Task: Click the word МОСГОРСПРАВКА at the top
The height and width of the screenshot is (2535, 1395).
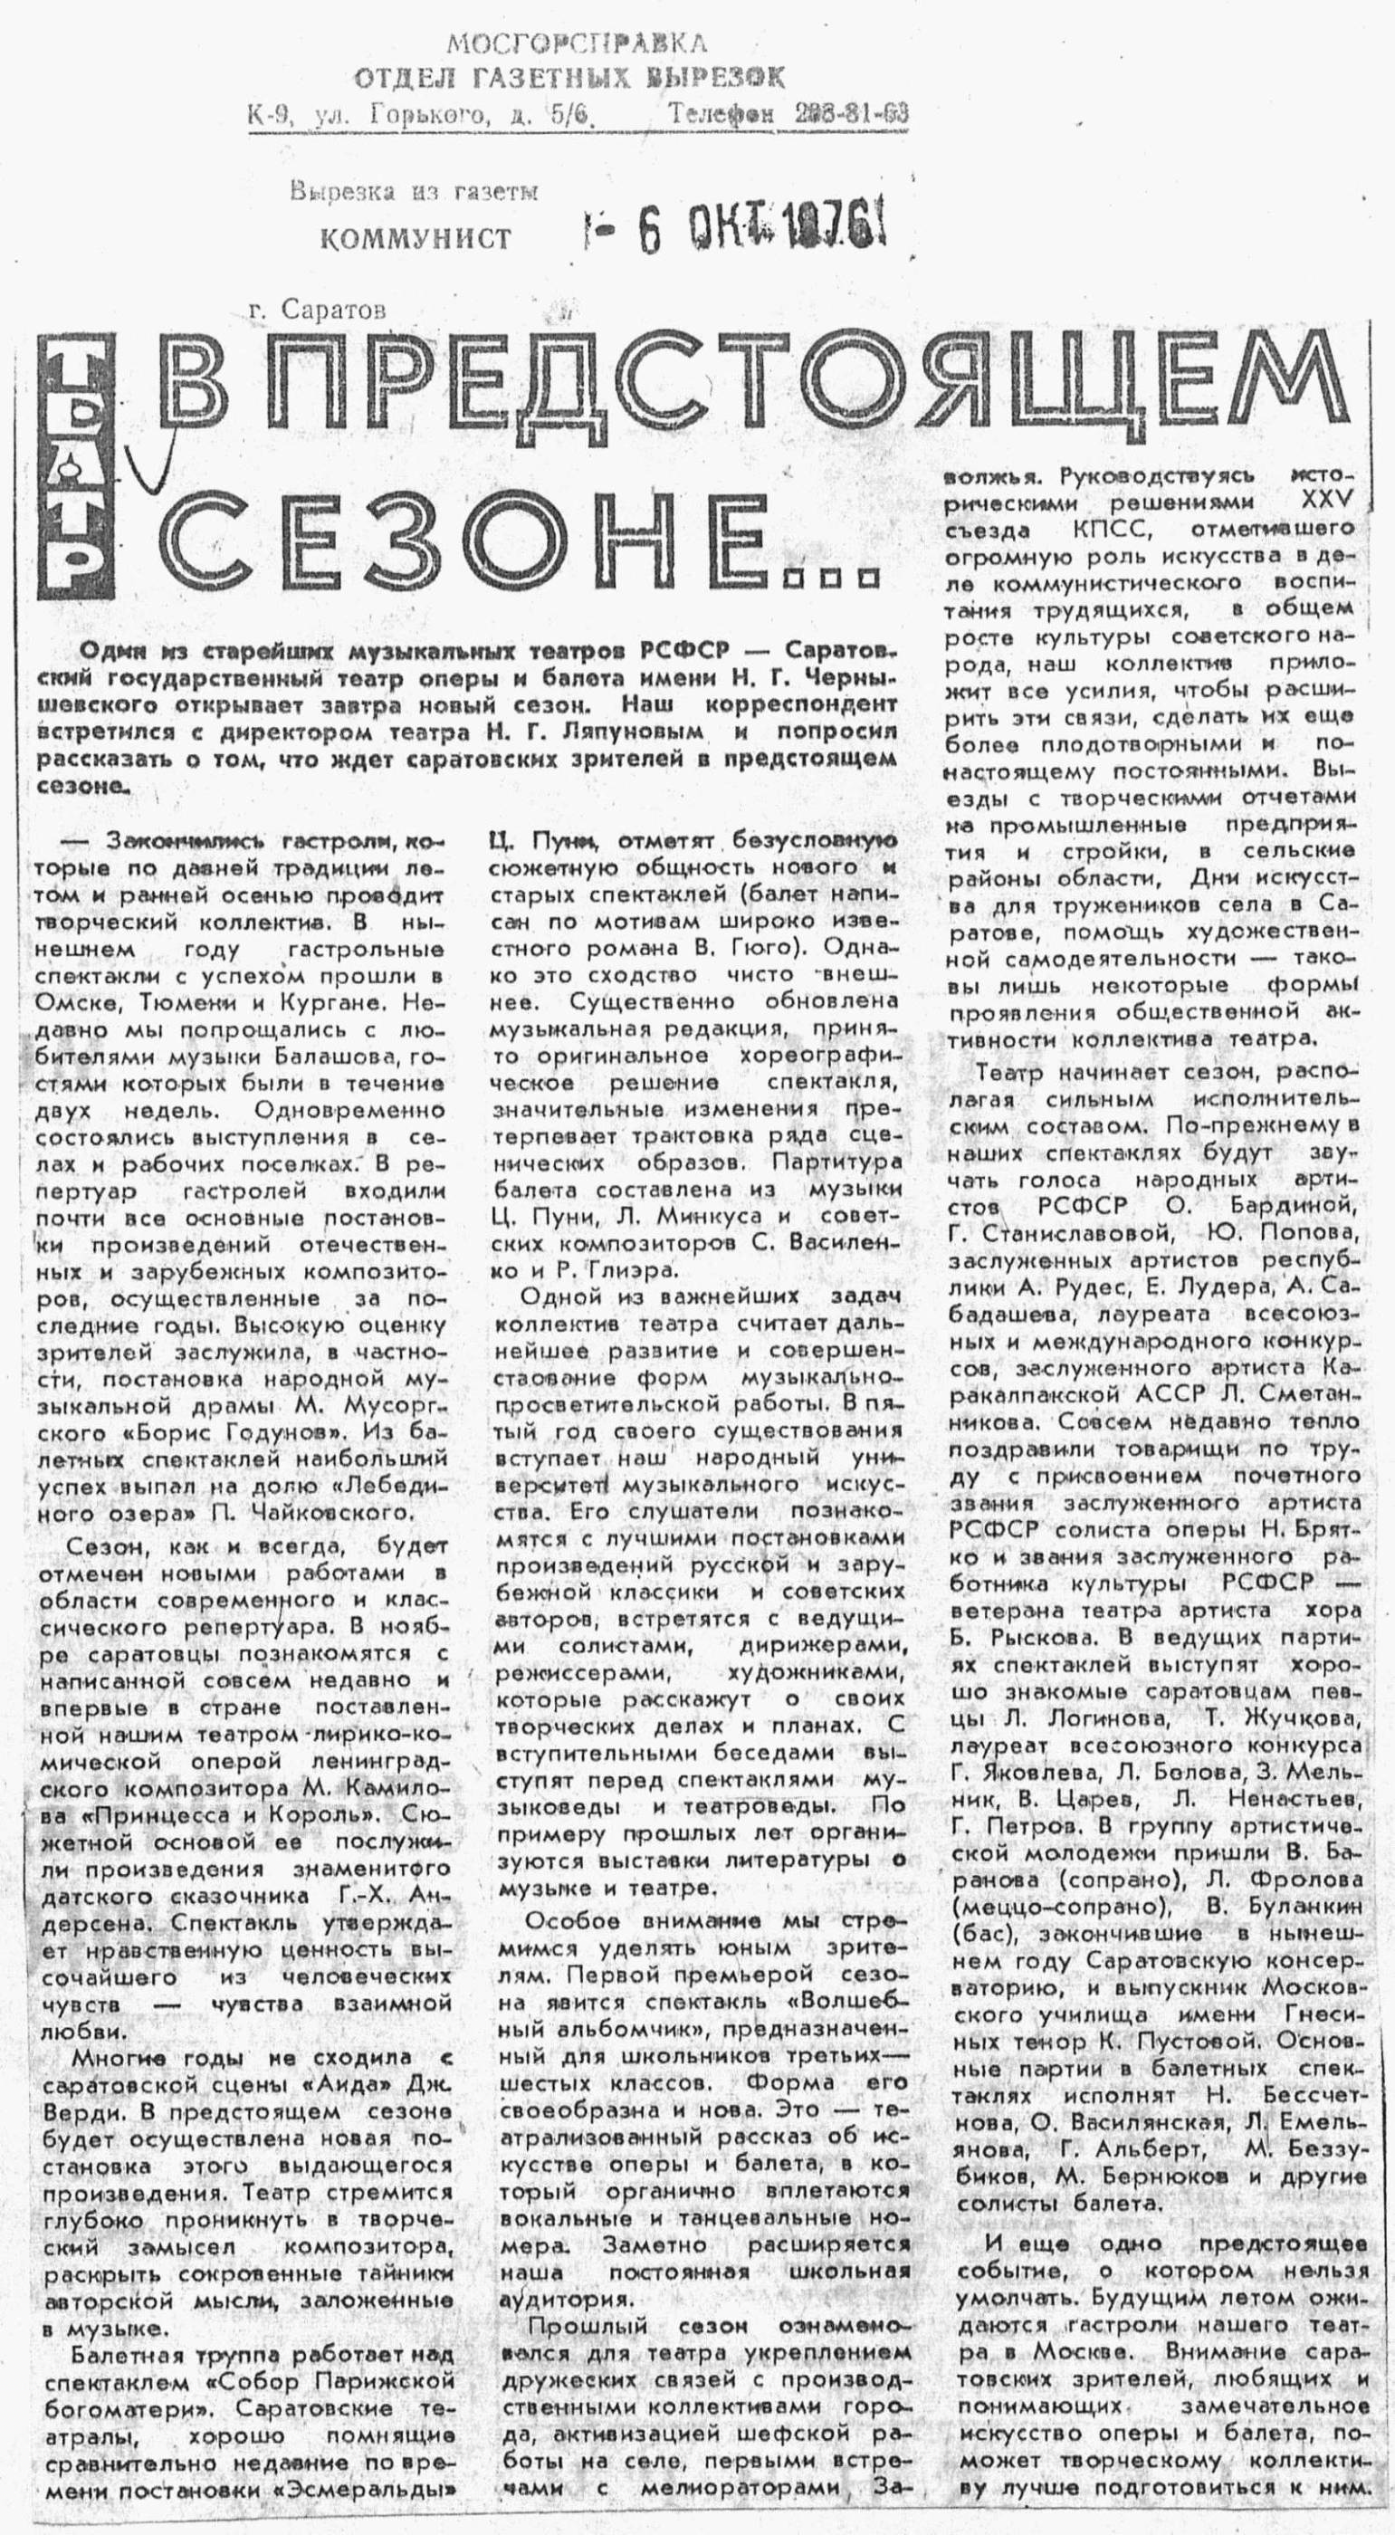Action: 577,43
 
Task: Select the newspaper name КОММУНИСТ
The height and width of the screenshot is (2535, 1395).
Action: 417,237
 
